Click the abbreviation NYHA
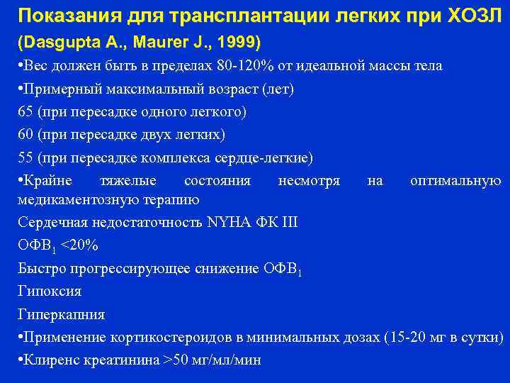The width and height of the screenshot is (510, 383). click(230, 223)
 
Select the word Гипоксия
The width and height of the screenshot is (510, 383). click(50, 291)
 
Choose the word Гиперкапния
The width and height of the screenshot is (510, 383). click(61, 314)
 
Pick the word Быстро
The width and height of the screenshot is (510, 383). click(42, 268)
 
